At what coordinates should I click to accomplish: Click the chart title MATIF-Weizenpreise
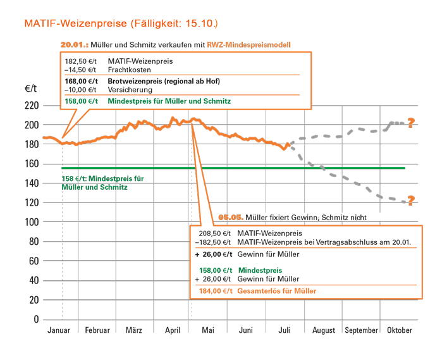click(x=77, y=24)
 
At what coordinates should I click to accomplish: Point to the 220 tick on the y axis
click(x=31, y=106)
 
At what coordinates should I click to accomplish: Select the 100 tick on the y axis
click(x=31, y=222)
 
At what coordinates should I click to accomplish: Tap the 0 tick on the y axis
click(x=36, y=320)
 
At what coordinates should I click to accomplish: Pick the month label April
click(x=172, y=330)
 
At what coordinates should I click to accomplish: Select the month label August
click(x=324, y=330)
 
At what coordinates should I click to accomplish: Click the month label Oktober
click(x=399, y=330)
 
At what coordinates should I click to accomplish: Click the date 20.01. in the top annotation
click(x=74, y=45)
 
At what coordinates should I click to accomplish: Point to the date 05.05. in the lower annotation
click(x=231, y=217)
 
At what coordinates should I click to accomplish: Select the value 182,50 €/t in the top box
click(x=81, y=61)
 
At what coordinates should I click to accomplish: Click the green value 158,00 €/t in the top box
click(x=81, y=101)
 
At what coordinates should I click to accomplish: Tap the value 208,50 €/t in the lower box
click(x=212, y=233)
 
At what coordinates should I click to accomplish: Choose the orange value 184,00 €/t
click(x=212, y=291)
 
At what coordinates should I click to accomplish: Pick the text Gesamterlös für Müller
click(x=276, y=291)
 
